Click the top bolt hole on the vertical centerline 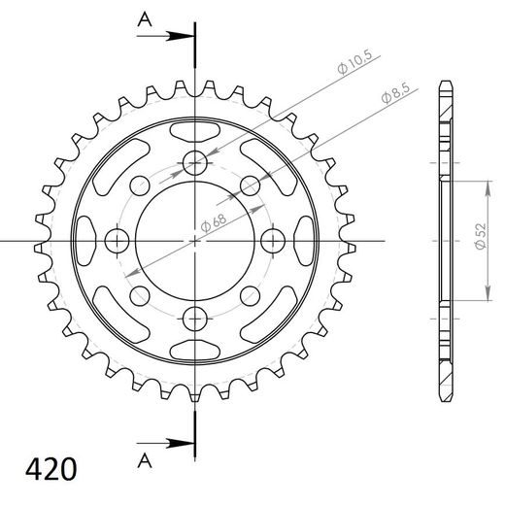pos(195,161)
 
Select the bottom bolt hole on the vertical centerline pos(195,316)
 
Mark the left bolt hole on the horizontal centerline pos(118,239)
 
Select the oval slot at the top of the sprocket pos(195,130)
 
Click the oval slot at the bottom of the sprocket pos(195,348)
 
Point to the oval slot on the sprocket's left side pos(86,239)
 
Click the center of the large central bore pos(195,239)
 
